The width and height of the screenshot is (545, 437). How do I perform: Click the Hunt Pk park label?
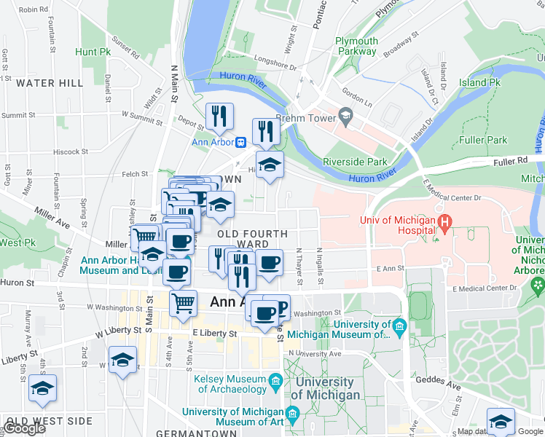point(93,52)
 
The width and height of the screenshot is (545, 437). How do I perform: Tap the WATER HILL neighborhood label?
point(50,83)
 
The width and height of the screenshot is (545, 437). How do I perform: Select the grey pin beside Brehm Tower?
point(345,117)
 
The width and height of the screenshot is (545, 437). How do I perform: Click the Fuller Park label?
point(483,139)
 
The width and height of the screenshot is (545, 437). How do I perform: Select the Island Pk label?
point(479,83)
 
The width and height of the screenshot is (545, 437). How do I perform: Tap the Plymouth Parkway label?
point(356,46)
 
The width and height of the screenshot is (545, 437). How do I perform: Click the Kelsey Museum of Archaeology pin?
point(275,380)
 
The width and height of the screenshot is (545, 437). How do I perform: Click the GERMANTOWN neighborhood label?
point(194,432)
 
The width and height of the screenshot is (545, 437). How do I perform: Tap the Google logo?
point(24,428)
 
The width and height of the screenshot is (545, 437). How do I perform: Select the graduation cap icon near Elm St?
point(501,421)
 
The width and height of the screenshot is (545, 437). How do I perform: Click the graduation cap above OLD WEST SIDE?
point(43,390)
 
